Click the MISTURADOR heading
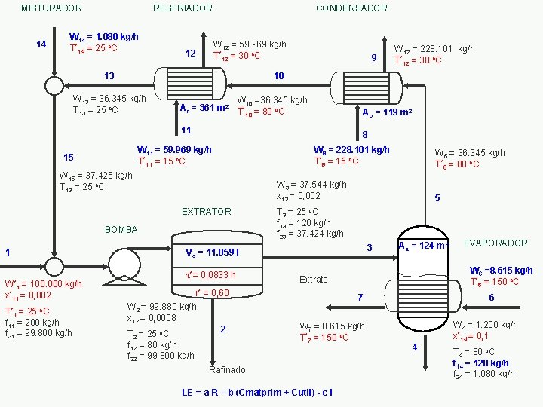51,8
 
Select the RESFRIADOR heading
183,8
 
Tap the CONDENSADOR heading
352,8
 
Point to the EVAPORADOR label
495,243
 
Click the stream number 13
109,76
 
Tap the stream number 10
279,76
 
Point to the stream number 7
360,297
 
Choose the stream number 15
69,157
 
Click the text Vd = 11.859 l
212,252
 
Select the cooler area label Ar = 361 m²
204,108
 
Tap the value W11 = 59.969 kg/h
174,150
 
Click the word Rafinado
227,370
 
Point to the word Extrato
314,280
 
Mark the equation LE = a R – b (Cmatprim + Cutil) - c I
257,393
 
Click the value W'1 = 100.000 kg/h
43,284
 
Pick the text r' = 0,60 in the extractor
212,293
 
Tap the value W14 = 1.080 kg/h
103,37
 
